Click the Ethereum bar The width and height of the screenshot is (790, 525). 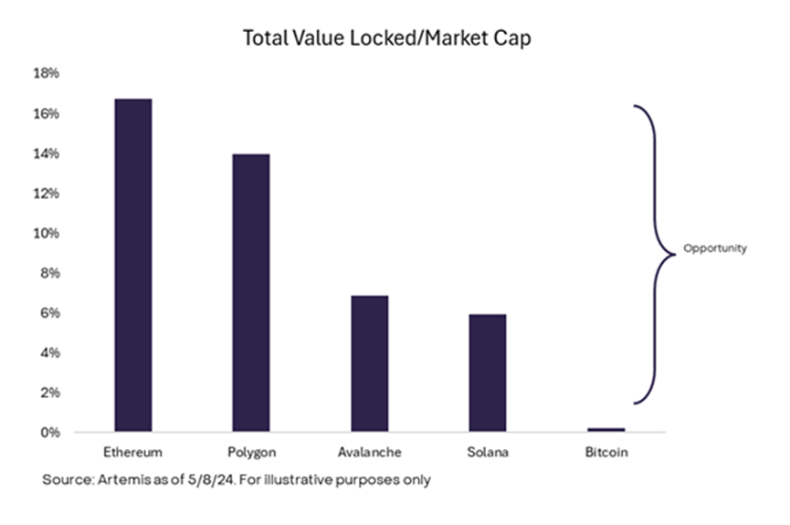coord(133,265)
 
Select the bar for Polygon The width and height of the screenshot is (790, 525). coord(251,292)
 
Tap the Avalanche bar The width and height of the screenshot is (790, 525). coord(370,363)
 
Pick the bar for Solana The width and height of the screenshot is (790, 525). coord(488,373)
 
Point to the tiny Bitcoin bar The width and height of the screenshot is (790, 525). coord(606,429)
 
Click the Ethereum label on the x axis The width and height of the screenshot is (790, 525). coord(133,452)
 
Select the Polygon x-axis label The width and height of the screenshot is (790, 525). coord(251,452)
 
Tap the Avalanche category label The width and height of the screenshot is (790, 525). coord(370,452)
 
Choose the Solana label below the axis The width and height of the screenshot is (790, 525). coord(488,452)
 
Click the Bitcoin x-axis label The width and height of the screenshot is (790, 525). coord(606,452)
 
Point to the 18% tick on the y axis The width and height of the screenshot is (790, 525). coord(47,73)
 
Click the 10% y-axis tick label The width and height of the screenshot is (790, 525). coord(47,233)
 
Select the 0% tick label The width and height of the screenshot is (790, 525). coord(51,432)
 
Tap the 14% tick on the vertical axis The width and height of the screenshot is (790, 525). coord(47,153)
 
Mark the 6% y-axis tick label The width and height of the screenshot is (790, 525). coord(51,313)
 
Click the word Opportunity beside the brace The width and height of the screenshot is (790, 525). coord(715,248)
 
